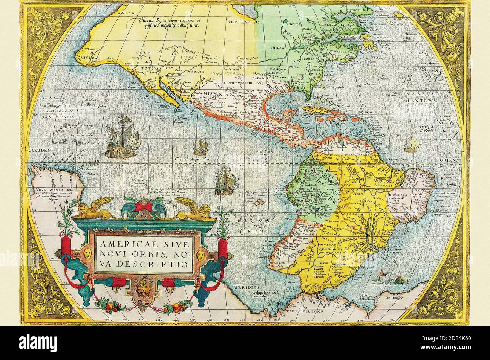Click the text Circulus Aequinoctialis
pyautogui.click(x=194, y=159)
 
